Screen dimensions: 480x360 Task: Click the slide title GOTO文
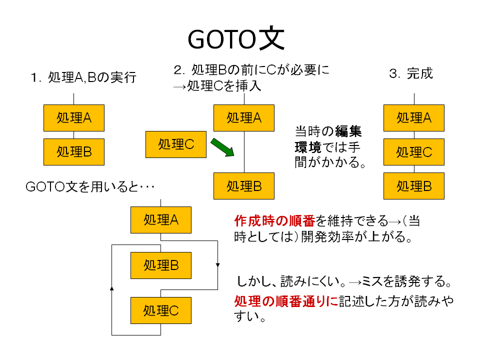(x=236, y=39)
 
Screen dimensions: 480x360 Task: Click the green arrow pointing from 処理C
(x=222, y=147)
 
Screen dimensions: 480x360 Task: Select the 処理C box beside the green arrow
(x=176, y=144)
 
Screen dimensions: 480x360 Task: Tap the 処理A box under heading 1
(x=74, y=118)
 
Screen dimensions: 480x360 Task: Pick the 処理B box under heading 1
(x=74, y=152)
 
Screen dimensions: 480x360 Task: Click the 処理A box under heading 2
(x=244, y=118)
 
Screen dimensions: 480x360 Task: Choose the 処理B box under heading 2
(x=244, y=186)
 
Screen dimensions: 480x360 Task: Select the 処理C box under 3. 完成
(x=414, y=152)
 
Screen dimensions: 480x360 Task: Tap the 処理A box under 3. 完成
(x=414, y=118)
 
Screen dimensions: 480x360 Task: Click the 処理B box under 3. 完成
(x=414, y=186)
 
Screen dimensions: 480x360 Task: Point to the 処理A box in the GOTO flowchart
(x=161, y=220)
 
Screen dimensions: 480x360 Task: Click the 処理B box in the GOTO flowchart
(x=161, y=265)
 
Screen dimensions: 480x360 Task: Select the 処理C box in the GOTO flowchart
(x=161, y=310)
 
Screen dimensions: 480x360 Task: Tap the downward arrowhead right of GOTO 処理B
(x=217, y=265)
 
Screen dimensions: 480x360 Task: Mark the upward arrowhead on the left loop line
(x=111, y=288)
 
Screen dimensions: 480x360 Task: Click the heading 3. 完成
(x=411, y=74)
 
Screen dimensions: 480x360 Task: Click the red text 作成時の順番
(x=274, y=220)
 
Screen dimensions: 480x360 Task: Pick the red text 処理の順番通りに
(x=286, y=301)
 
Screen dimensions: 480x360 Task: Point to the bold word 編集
(x=348, y=131)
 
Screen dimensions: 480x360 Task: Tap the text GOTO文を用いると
(x=82, y=186)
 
